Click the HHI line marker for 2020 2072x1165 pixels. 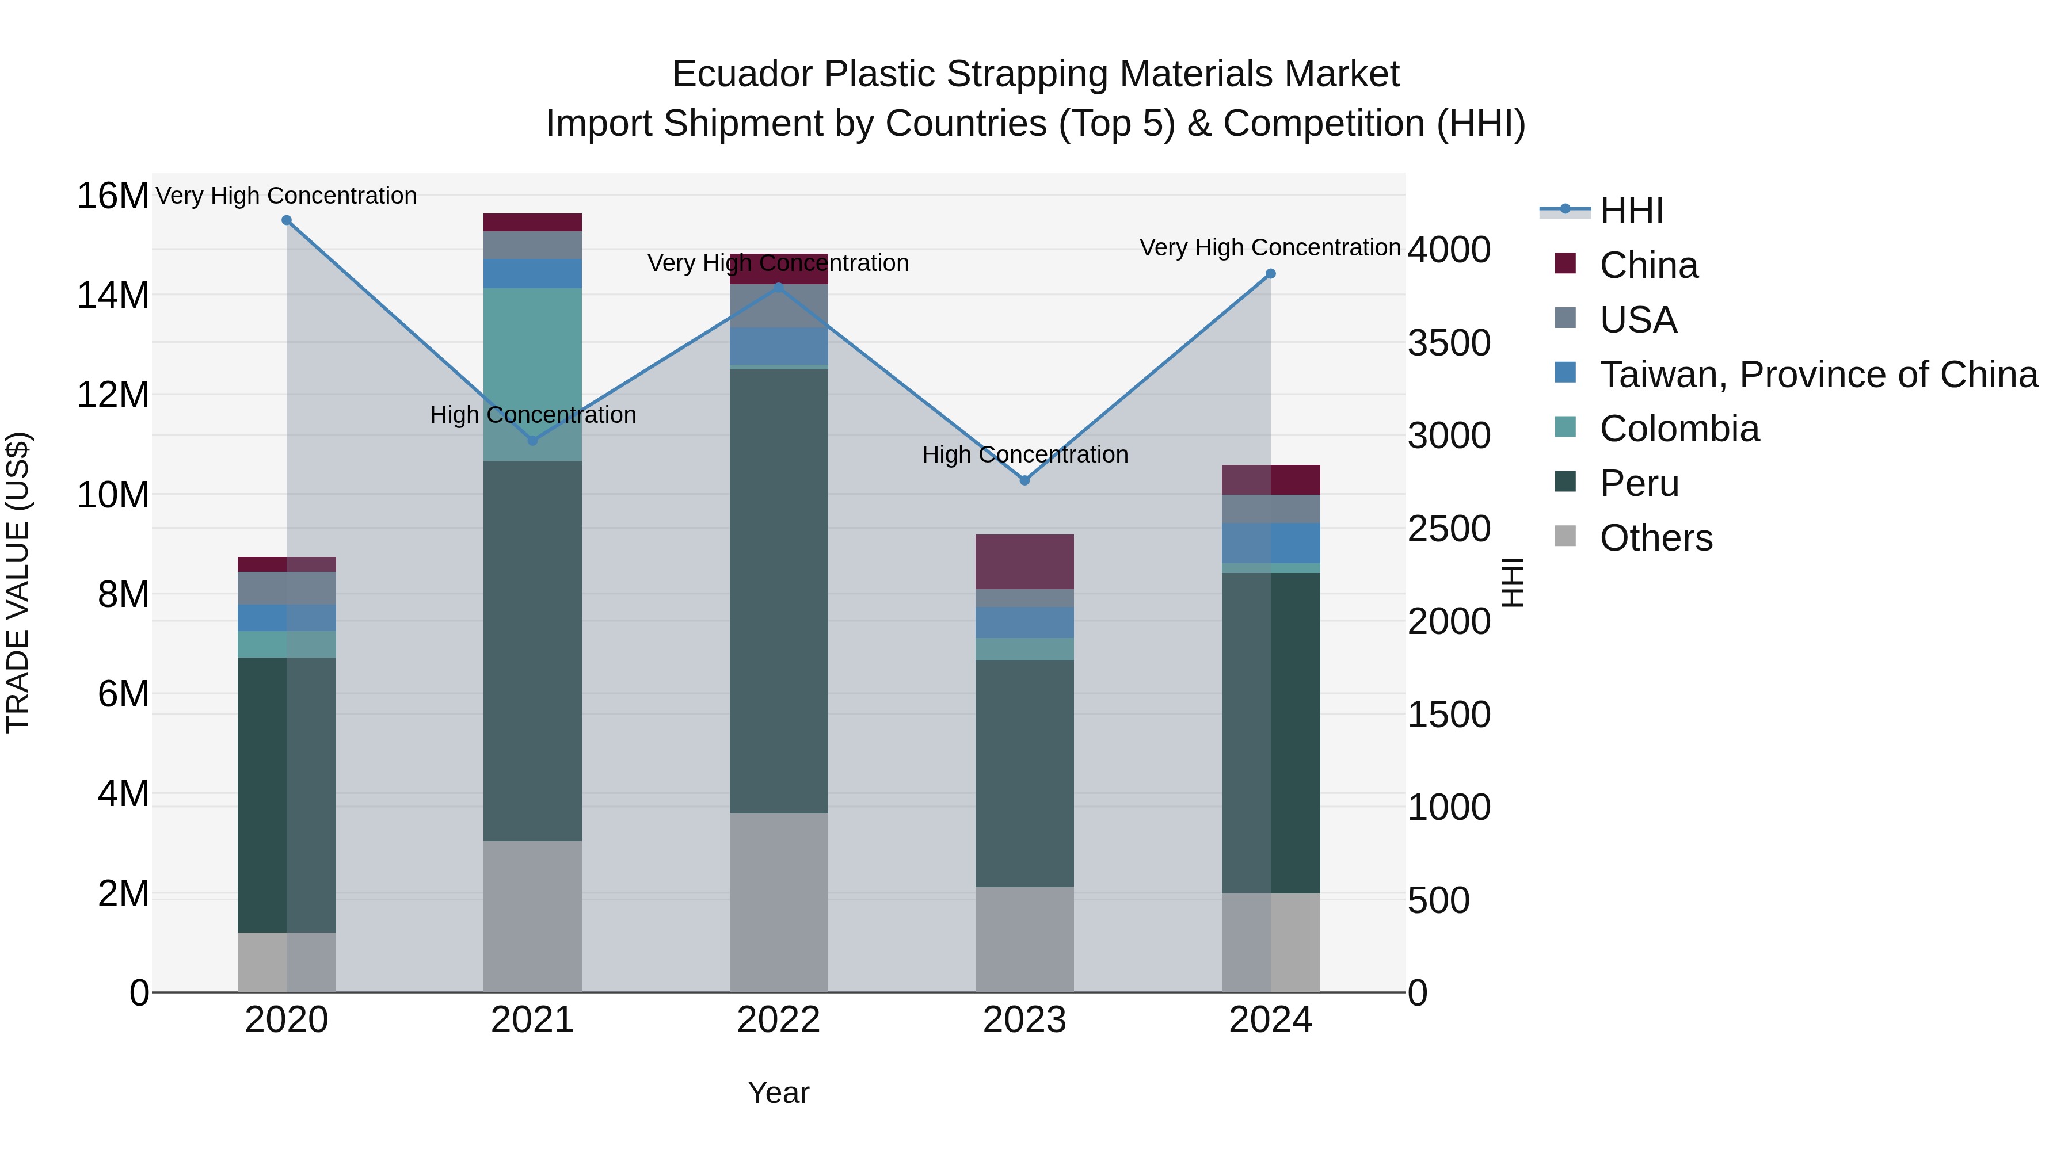(287, 220)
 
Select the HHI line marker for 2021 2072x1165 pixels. (532, 441)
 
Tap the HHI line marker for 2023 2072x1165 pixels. (1024, 480)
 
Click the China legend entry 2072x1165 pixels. (1648, 265)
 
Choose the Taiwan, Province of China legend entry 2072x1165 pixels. (1818, 375)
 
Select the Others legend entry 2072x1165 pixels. (1655, 538)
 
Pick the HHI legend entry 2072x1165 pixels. (1631, 211)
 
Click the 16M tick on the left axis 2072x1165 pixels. (113, 196)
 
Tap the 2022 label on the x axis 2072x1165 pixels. (779, 1020)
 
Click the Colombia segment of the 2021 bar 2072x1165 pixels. (532, 374)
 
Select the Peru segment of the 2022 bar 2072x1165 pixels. (779, 591)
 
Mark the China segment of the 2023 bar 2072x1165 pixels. (1024, 561)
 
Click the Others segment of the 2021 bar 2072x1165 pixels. (532, 916)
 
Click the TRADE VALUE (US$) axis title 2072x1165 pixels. (18, 582)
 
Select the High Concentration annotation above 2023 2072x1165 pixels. (1024, 454)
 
